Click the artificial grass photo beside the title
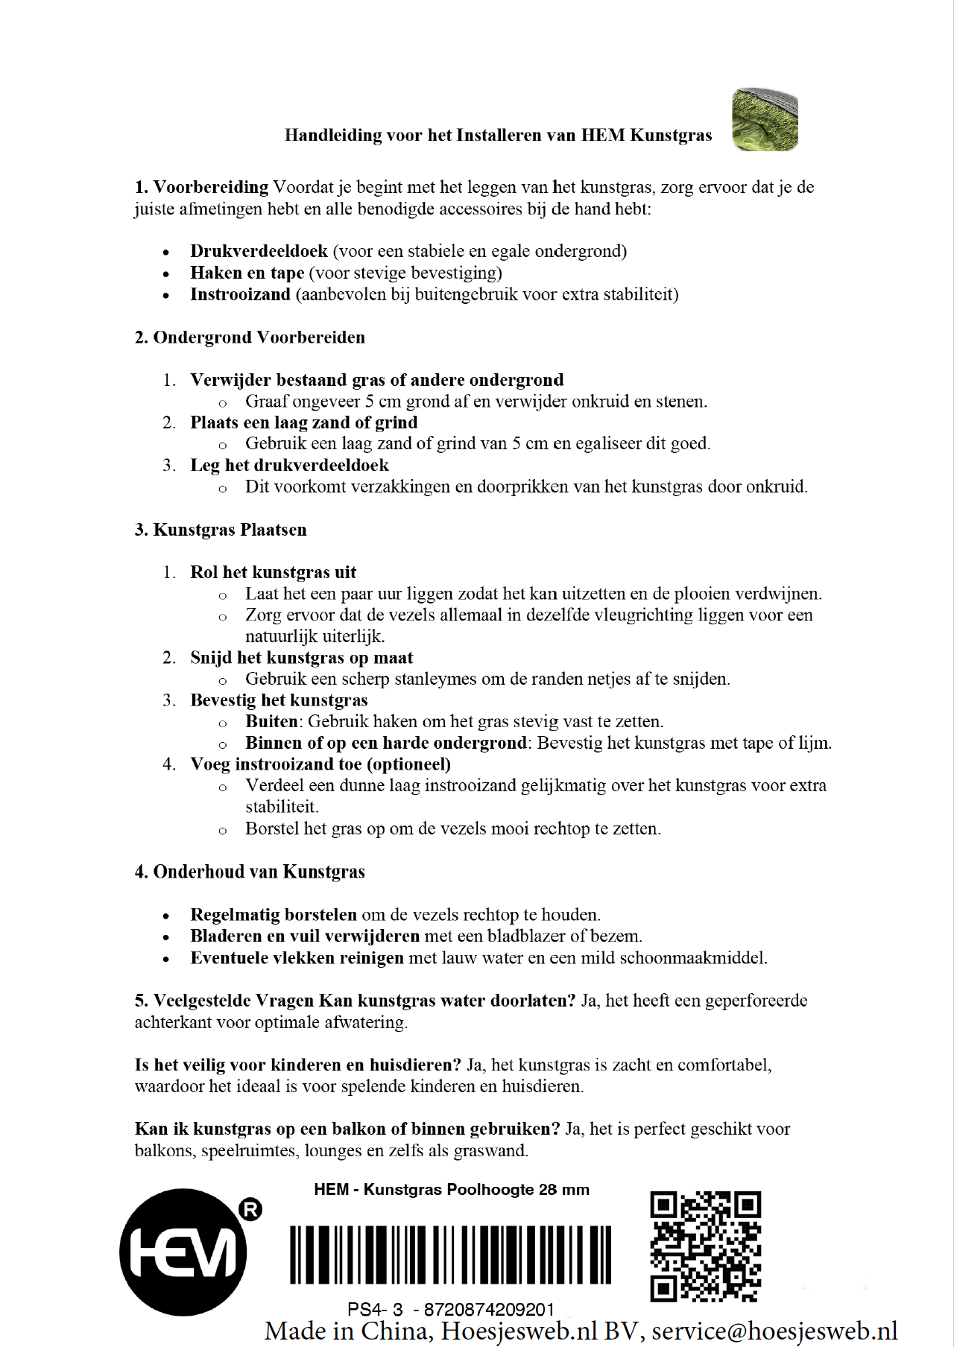pos(765,119)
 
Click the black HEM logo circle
pos(183,1252)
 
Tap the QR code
pos(705,1246)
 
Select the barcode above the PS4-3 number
pos(450,1255)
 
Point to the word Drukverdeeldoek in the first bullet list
pos(259,251)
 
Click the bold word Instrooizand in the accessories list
pos(240,294)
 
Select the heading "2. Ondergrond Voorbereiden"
pos(250,337)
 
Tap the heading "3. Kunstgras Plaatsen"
pos(221,530)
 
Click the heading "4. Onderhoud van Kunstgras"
pos(250,872)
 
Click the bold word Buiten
pos(272,721)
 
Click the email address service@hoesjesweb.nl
pos(774,1331)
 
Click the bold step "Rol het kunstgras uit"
pos(273,572)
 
